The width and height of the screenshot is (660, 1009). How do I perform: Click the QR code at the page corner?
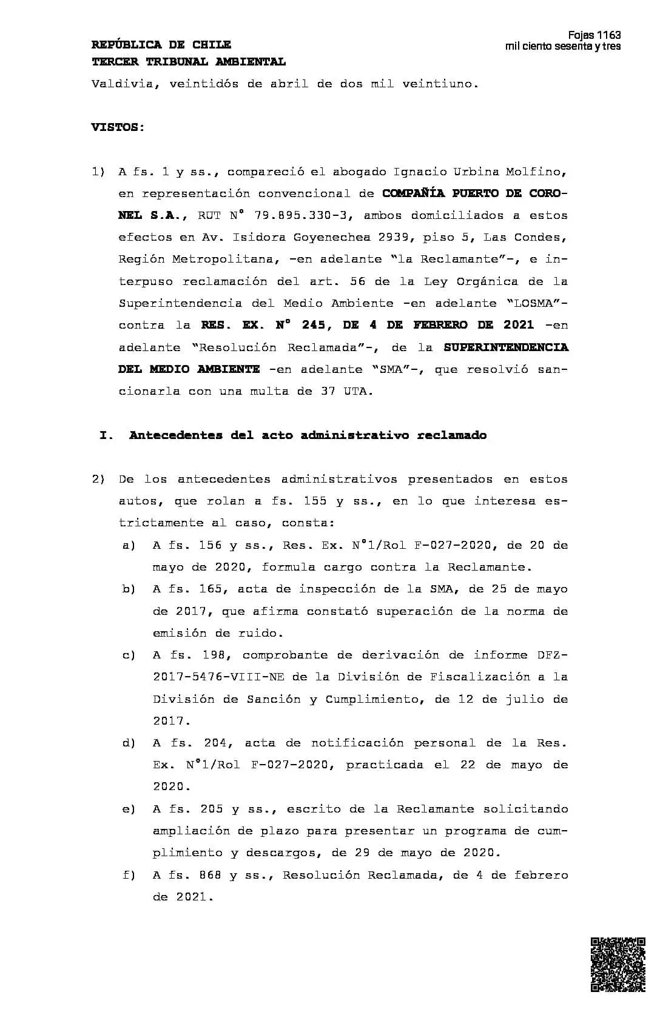point(618,965)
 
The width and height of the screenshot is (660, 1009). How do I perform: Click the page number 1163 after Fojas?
point(609,35)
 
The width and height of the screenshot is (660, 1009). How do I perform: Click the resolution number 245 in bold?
point(315,325)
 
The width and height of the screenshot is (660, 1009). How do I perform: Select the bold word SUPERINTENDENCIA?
point(506,347)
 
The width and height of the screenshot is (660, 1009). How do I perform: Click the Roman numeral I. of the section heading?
point(106,435)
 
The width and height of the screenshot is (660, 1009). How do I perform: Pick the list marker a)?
point(129,545)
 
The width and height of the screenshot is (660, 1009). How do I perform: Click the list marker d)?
point(129,743)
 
